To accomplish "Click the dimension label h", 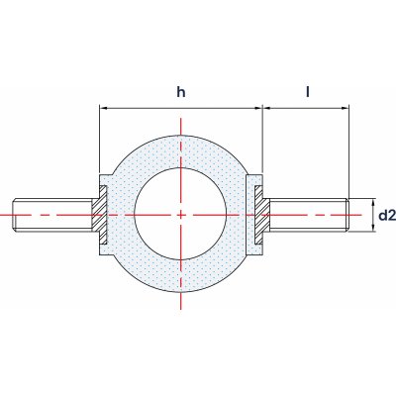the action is pyautogui.click(x=181, y=92).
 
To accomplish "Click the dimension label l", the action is pyautogui.click(x=308, y=92).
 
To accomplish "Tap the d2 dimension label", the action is pyautogui.click(x=387, y=216).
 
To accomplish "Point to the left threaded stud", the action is pyautogui.click(x=52, y=215).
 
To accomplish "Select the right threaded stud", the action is pyautogui.click(x=309, y=215).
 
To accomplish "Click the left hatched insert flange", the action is pyautogui.click(x=99, y=215).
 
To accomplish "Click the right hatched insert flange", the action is pyautogui.click(x=262, y=215).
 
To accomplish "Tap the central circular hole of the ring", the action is pyautogui.click(x=180, y=214).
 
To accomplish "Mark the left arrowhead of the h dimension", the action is pyautogui.click(x=103, y=108).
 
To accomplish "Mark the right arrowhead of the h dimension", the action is pyautogui.click(x=258, y=108).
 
